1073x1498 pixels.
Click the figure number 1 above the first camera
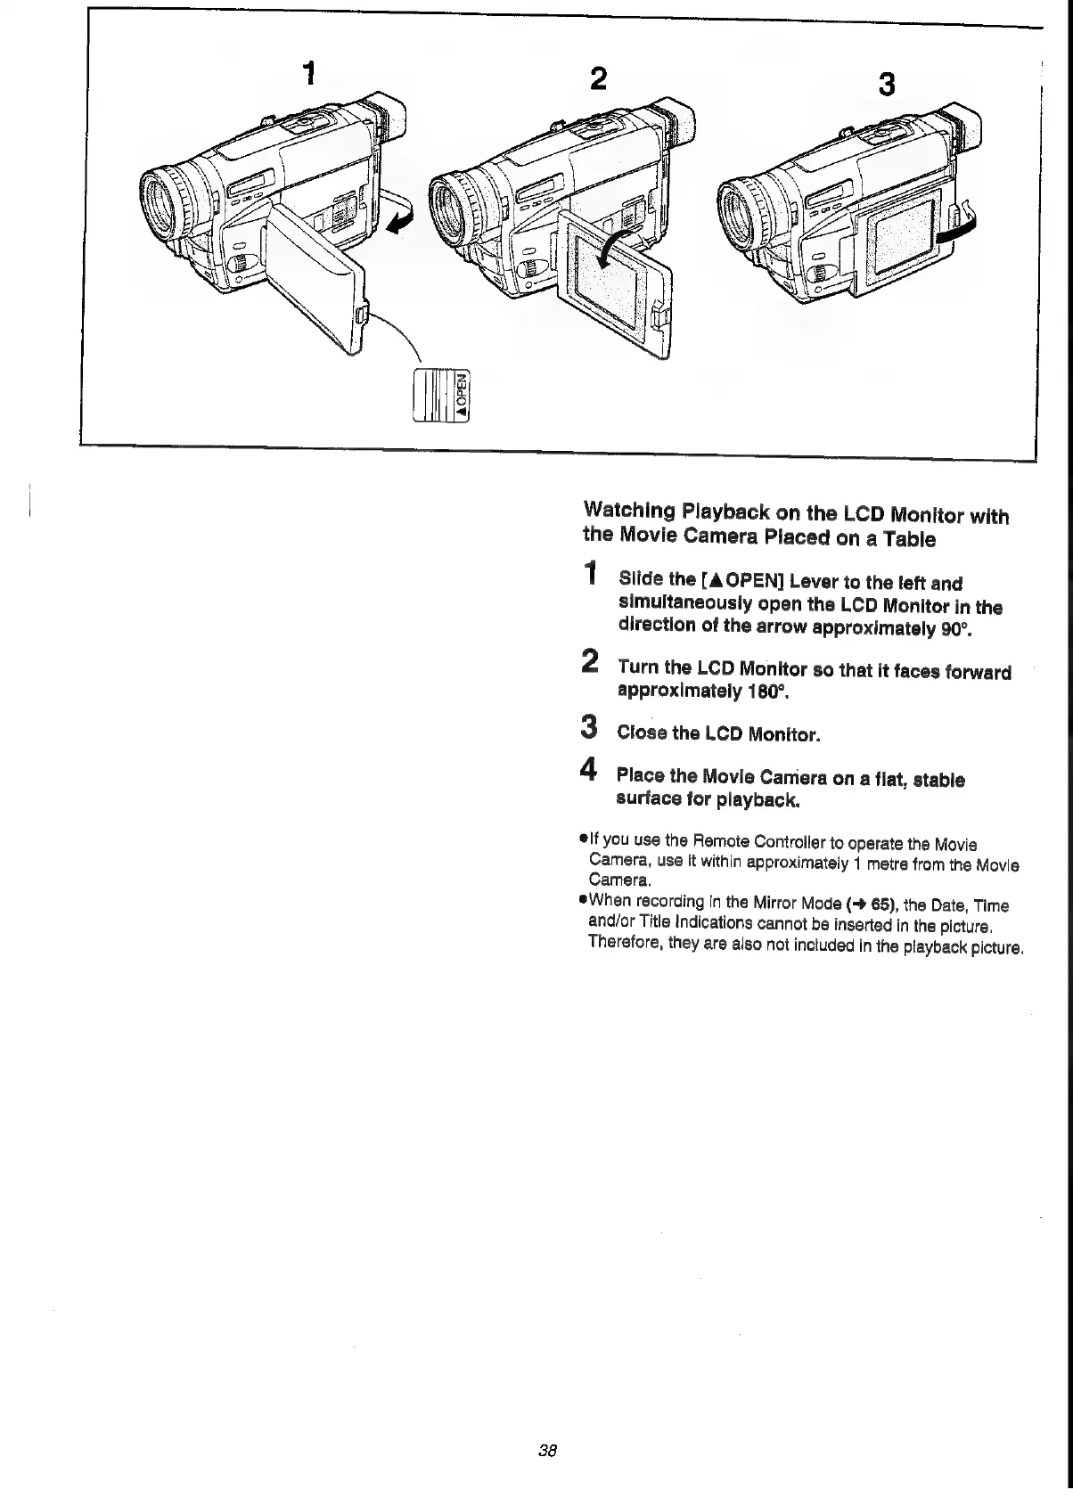click(x=308, y=73)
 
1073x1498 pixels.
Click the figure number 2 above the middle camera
click(x=599, y=79)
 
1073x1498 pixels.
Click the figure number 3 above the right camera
click(x=886, y=85)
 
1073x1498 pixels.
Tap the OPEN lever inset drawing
click(x=441, y=393)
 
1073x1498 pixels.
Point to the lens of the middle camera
click(x=453, y=202)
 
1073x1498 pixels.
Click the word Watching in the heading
click(x=628, y=512)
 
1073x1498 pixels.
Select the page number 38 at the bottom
click(x=547, y=1450)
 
